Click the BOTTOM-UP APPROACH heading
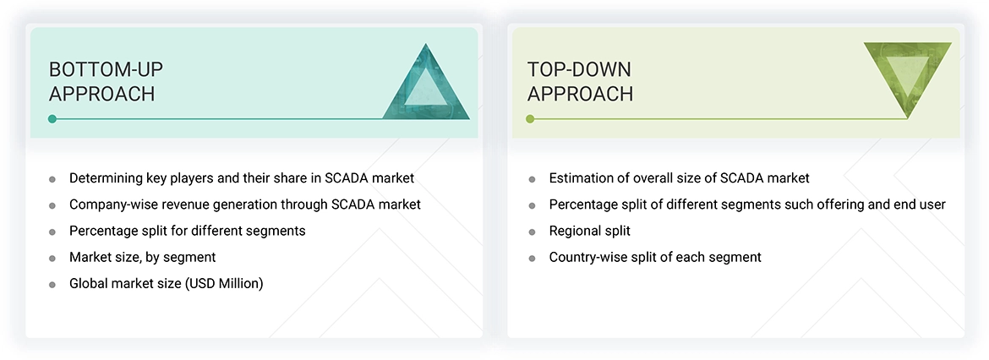coord(102,81)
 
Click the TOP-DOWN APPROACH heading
coord(580,81)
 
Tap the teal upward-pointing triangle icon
coord(426,83)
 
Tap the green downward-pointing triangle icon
coord(907,79)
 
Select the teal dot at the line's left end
coord(52,119)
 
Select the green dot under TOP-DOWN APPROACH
coord(530,119)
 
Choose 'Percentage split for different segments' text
coord(187,231)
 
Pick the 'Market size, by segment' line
coord(142,257)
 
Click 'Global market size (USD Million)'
coord(166,283)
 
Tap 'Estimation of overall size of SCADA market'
coord(679,178)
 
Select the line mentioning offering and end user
coord(746,205)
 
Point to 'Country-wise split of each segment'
coord(654,257)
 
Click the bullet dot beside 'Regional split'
coord(532,232)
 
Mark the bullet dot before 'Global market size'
coord(52,284)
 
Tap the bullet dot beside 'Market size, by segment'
coord(52,258)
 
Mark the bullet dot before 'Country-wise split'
coord(532,258)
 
